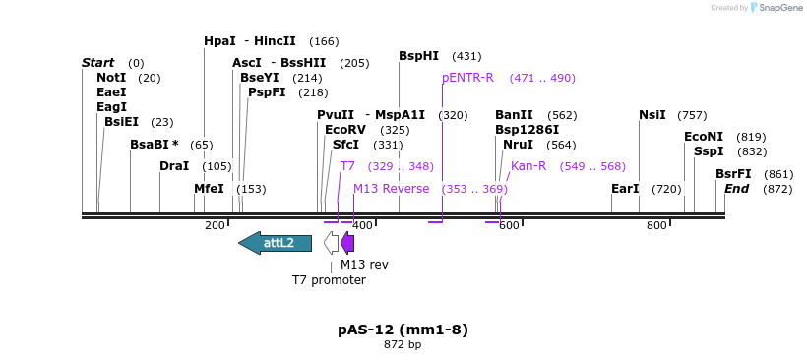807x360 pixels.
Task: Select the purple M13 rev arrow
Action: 347,243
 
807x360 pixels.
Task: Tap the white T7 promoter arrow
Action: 332,243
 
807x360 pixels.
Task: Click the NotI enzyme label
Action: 111,78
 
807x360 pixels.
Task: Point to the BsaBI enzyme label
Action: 155,145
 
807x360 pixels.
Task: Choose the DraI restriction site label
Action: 174,166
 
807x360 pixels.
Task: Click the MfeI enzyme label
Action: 209,189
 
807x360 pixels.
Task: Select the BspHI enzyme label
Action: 418,56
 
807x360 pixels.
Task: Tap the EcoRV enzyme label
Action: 345,130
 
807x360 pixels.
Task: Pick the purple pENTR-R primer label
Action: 467,78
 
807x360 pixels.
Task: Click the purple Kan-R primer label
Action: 528,166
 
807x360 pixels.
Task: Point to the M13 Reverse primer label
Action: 391,189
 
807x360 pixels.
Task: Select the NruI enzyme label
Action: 518,145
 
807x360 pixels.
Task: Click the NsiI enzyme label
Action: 652,115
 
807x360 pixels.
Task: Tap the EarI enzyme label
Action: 625,189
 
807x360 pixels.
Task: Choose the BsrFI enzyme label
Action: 733,174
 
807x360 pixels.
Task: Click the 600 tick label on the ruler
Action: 509,226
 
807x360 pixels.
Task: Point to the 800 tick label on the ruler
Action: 656,226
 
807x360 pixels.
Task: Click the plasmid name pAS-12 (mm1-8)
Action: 403,330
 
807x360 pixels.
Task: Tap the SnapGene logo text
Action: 774,8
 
